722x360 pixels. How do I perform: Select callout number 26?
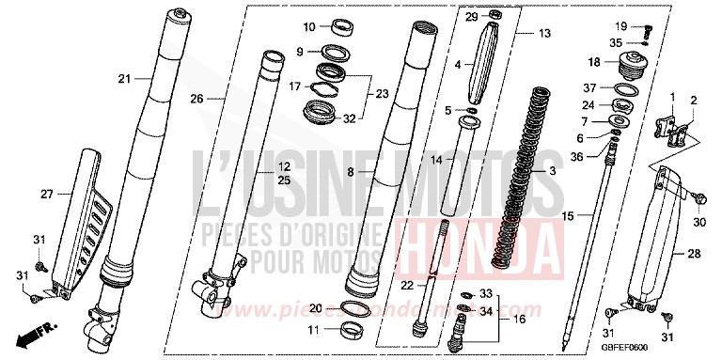tap(196, 98)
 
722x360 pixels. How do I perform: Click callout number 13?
tap(544, 33)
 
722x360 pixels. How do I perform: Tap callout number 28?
tap(693, 254)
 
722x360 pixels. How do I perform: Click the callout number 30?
tap(698, 223)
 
